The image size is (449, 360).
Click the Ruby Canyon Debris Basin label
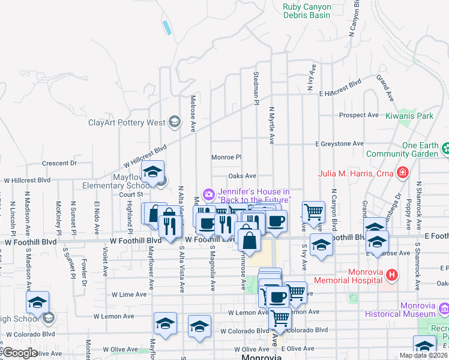pos(306,11)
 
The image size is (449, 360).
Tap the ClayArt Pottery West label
pos(127,123)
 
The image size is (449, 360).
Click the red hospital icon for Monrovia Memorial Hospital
pos(392,275)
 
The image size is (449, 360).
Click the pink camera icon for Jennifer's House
pos(208,193)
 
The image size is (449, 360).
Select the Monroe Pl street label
pos(226,157)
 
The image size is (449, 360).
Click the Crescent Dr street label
pos(59,163)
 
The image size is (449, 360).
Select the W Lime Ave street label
pos(129,295)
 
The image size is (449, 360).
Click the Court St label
pos(129,194)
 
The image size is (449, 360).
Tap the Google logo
pos(19,353)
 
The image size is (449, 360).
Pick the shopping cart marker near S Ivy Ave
pos(313,211)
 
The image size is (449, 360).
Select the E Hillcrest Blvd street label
pos(340,92)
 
